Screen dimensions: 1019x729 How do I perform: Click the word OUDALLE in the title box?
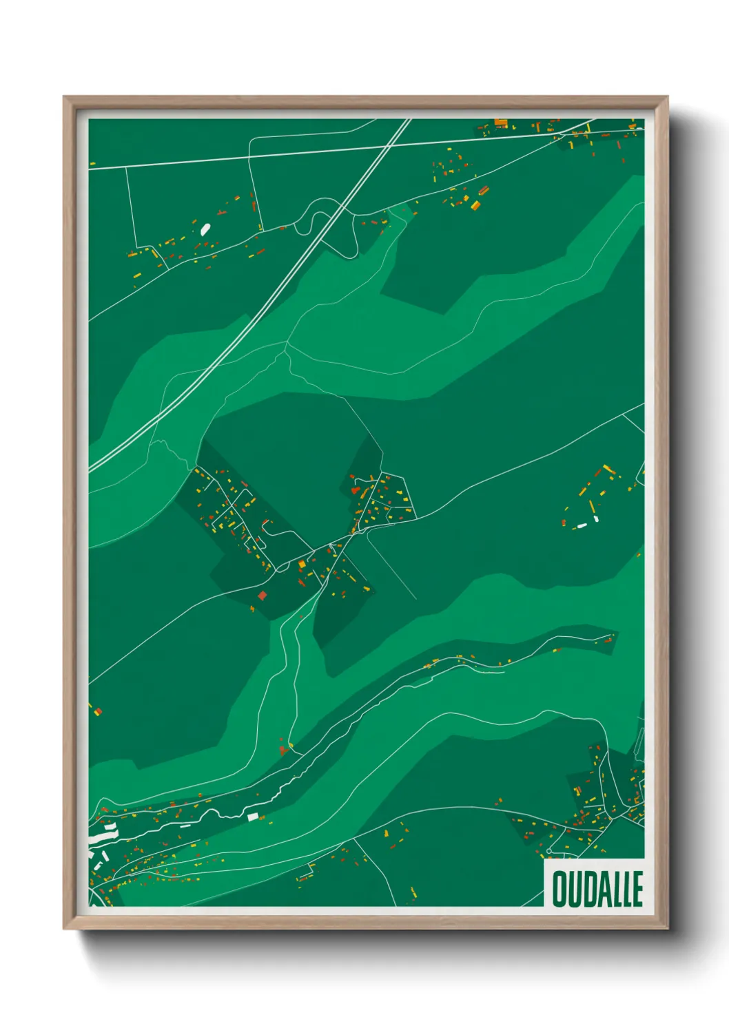597,889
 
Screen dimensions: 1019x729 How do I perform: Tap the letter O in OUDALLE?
559,889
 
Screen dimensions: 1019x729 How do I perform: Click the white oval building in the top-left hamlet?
205,229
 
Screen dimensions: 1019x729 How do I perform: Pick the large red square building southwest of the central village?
262,596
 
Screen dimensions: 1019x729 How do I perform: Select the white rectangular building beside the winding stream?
252,817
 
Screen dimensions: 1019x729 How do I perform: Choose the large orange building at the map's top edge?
501,123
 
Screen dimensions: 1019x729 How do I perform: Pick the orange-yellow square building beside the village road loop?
302,564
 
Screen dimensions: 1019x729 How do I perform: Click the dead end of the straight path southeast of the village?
416,599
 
